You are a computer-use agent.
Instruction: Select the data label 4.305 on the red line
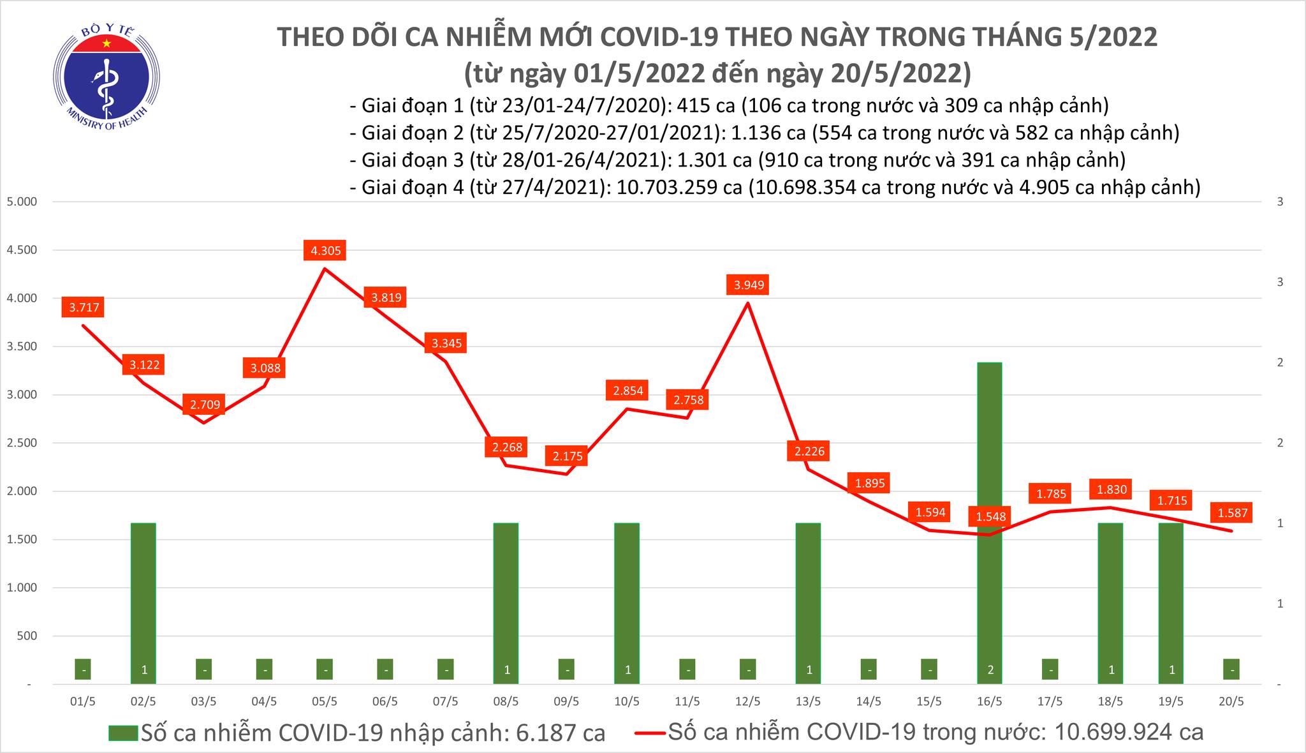pyautogui.click(x=325, y=251)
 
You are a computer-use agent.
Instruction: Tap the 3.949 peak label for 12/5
pyautogui.click(x=749, y=285)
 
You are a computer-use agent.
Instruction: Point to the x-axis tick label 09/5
pyautogui.click(x=566, y=701)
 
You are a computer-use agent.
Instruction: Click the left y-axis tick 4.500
pyautogui.click(x=22, y=250)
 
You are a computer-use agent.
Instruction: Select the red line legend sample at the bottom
pyautogui.click(x=650, y=733)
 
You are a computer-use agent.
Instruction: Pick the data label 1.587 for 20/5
pyautogui.click(x=1232, y=512)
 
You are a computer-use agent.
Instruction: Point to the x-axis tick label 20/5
pyautogui.click(x=1231, y=701)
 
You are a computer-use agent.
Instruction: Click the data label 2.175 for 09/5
pyautogui.click(x=566, y=456)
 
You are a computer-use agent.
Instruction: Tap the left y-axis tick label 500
pyautogui.click(x=27, y=636)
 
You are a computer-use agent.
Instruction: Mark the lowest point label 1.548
pyautogui.click(x=990, y=516)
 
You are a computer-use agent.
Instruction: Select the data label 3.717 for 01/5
pyautogui.click(x=84, y=308)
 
